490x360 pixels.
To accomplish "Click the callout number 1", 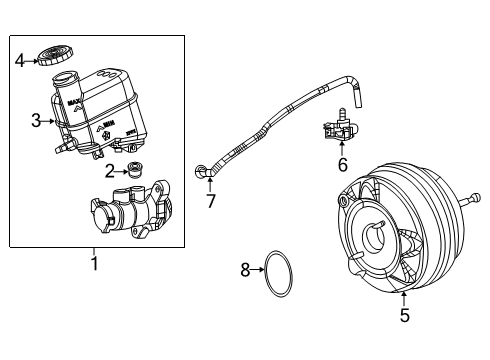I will click(x=95, y=264).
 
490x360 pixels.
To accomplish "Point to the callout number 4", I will click(x=19, y=60).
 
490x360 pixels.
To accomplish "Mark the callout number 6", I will click(x=342, y=165).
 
